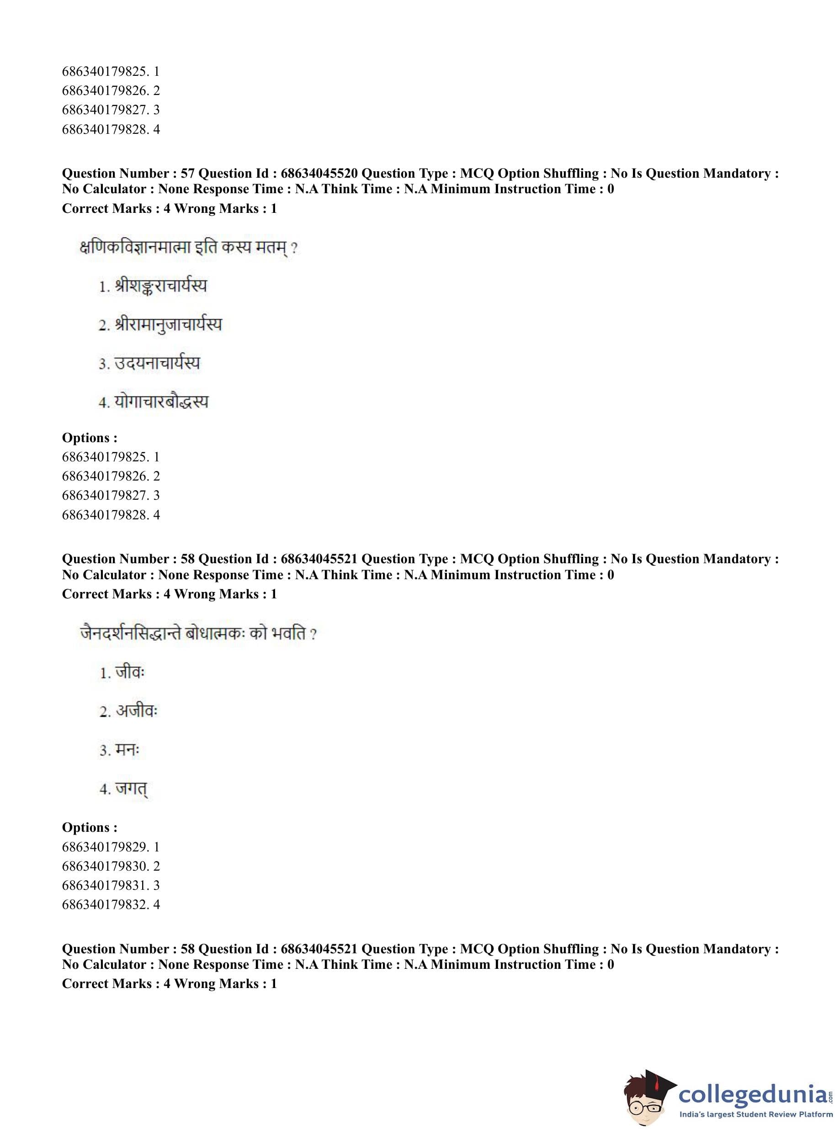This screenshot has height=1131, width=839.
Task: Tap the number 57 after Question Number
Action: tap(187, 174)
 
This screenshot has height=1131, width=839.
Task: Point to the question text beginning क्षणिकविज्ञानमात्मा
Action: tap(188, 248)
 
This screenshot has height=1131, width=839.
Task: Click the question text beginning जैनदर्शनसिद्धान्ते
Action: tap(198, 634)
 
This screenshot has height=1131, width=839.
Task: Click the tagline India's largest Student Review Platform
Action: tap(756, 1114)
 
